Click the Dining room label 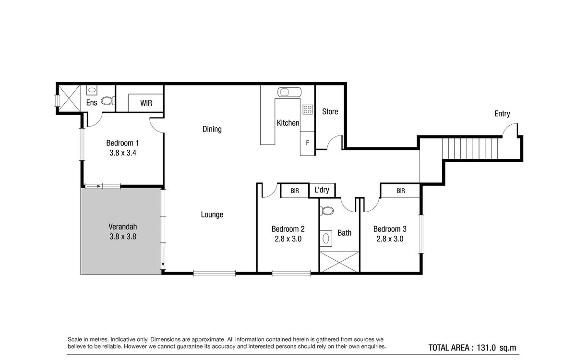[x=212, y=129]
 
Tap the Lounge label [x=212, y=215]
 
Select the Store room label [x=330, y=111]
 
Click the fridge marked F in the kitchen [x=307, y=144]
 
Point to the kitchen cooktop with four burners [x=308, y=109]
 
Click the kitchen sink [x=289, y=92]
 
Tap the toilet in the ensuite [x=108, y=100]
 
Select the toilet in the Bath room [x=326, y=211]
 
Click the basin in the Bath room [x=326, y=239]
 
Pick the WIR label [x=146, y=103]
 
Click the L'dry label [x=322, y=190]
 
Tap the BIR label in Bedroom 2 [x=295, y=191]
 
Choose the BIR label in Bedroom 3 [x=401, y=191]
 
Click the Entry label [x=502, y=114]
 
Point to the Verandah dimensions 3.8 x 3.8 [x=123, y=237]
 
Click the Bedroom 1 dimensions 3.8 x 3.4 [x=123, y=153]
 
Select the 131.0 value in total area [x=486, y=348]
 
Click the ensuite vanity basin [x=92, y=90]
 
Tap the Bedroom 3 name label [x=390, y=229]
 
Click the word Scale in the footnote [x=74, y=339]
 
